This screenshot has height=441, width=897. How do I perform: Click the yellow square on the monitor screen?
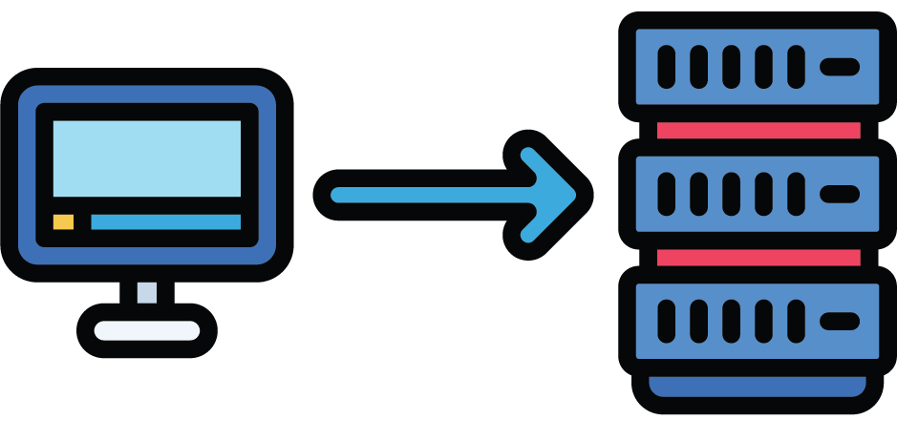click(x=63, y=221)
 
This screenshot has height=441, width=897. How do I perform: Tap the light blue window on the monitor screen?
click(x=146, y=157)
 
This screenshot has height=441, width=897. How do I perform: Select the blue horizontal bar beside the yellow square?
click(x=165, y=221)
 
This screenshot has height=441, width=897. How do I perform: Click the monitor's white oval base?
click(x=146, y=331)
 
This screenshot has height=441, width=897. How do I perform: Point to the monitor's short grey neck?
click(x=146, y=292)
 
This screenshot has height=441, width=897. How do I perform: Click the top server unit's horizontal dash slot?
click(x=839, y=67)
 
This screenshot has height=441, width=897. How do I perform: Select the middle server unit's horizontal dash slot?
click(x=839, y=194)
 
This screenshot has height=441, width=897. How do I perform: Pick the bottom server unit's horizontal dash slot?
click(x=839, y=321)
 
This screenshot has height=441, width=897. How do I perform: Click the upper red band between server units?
click(x=758, y=130)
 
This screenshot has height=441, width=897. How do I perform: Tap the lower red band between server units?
click(x=758, y=258)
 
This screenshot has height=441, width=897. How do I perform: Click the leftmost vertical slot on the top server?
click(x=667, y=67)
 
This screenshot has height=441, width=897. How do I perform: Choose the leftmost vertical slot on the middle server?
click(x=667, y=194)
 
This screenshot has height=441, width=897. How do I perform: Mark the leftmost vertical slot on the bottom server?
click(x=667, y=321)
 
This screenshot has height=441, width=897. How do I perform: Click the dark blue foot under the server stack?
click(x=758, y=387)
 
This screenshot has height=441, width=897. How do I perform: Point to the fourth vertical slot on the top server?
click(x=763, y=67)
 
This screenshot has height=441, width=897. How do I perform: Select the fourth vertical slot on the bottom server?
click(x=763, y=321)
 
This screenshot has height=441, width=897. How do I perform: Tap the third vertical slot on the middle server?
click(x=731, y=194)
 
